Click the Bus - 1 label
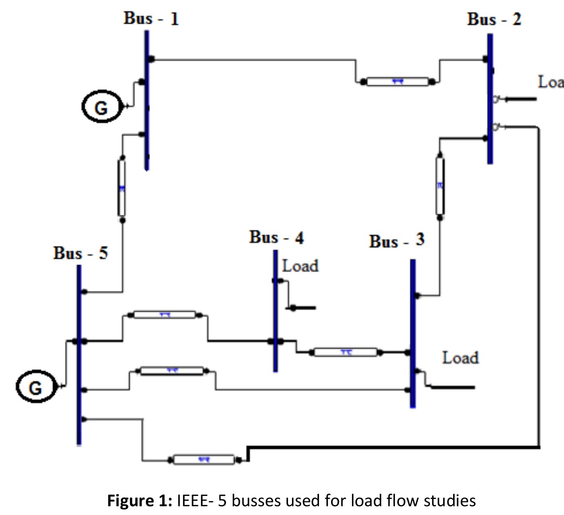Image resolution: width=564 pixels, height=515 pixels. coord(151,18)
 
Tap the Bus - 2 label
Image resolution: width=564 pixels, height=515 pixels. coord(494,19)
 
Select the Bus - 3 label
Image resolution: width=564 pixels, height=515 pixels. coord(396,241)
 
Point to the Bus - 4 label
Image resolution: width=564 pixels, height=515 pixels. coord(276,237)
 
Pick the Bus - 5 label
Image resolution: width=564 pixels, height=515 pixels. coord(80,253)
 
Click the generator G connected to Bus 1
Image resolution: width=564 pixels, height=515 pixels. coord(101,106)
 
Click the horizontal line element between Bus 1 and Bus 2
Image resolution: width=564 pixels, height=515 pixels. coord(397,82)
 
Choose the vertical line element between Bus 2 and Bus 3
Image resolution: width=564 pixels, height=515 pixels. coord(440,186)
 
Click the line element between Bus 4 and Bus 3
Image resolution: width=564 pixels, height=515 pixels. coord(345,352)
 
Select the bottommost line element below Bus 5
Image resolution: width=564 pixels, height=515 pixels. coord(204,460)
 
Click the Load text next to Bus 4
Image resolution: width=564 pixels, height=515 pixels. coord(300,266)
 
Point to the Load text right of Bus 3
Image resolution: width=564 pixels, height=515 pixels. coord(460,358)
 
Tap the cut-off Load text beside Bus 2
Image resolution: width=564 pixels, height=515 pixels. coord(550,82)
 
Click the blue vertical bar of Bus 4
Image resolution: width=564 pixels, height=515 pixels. coord(275,311)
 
